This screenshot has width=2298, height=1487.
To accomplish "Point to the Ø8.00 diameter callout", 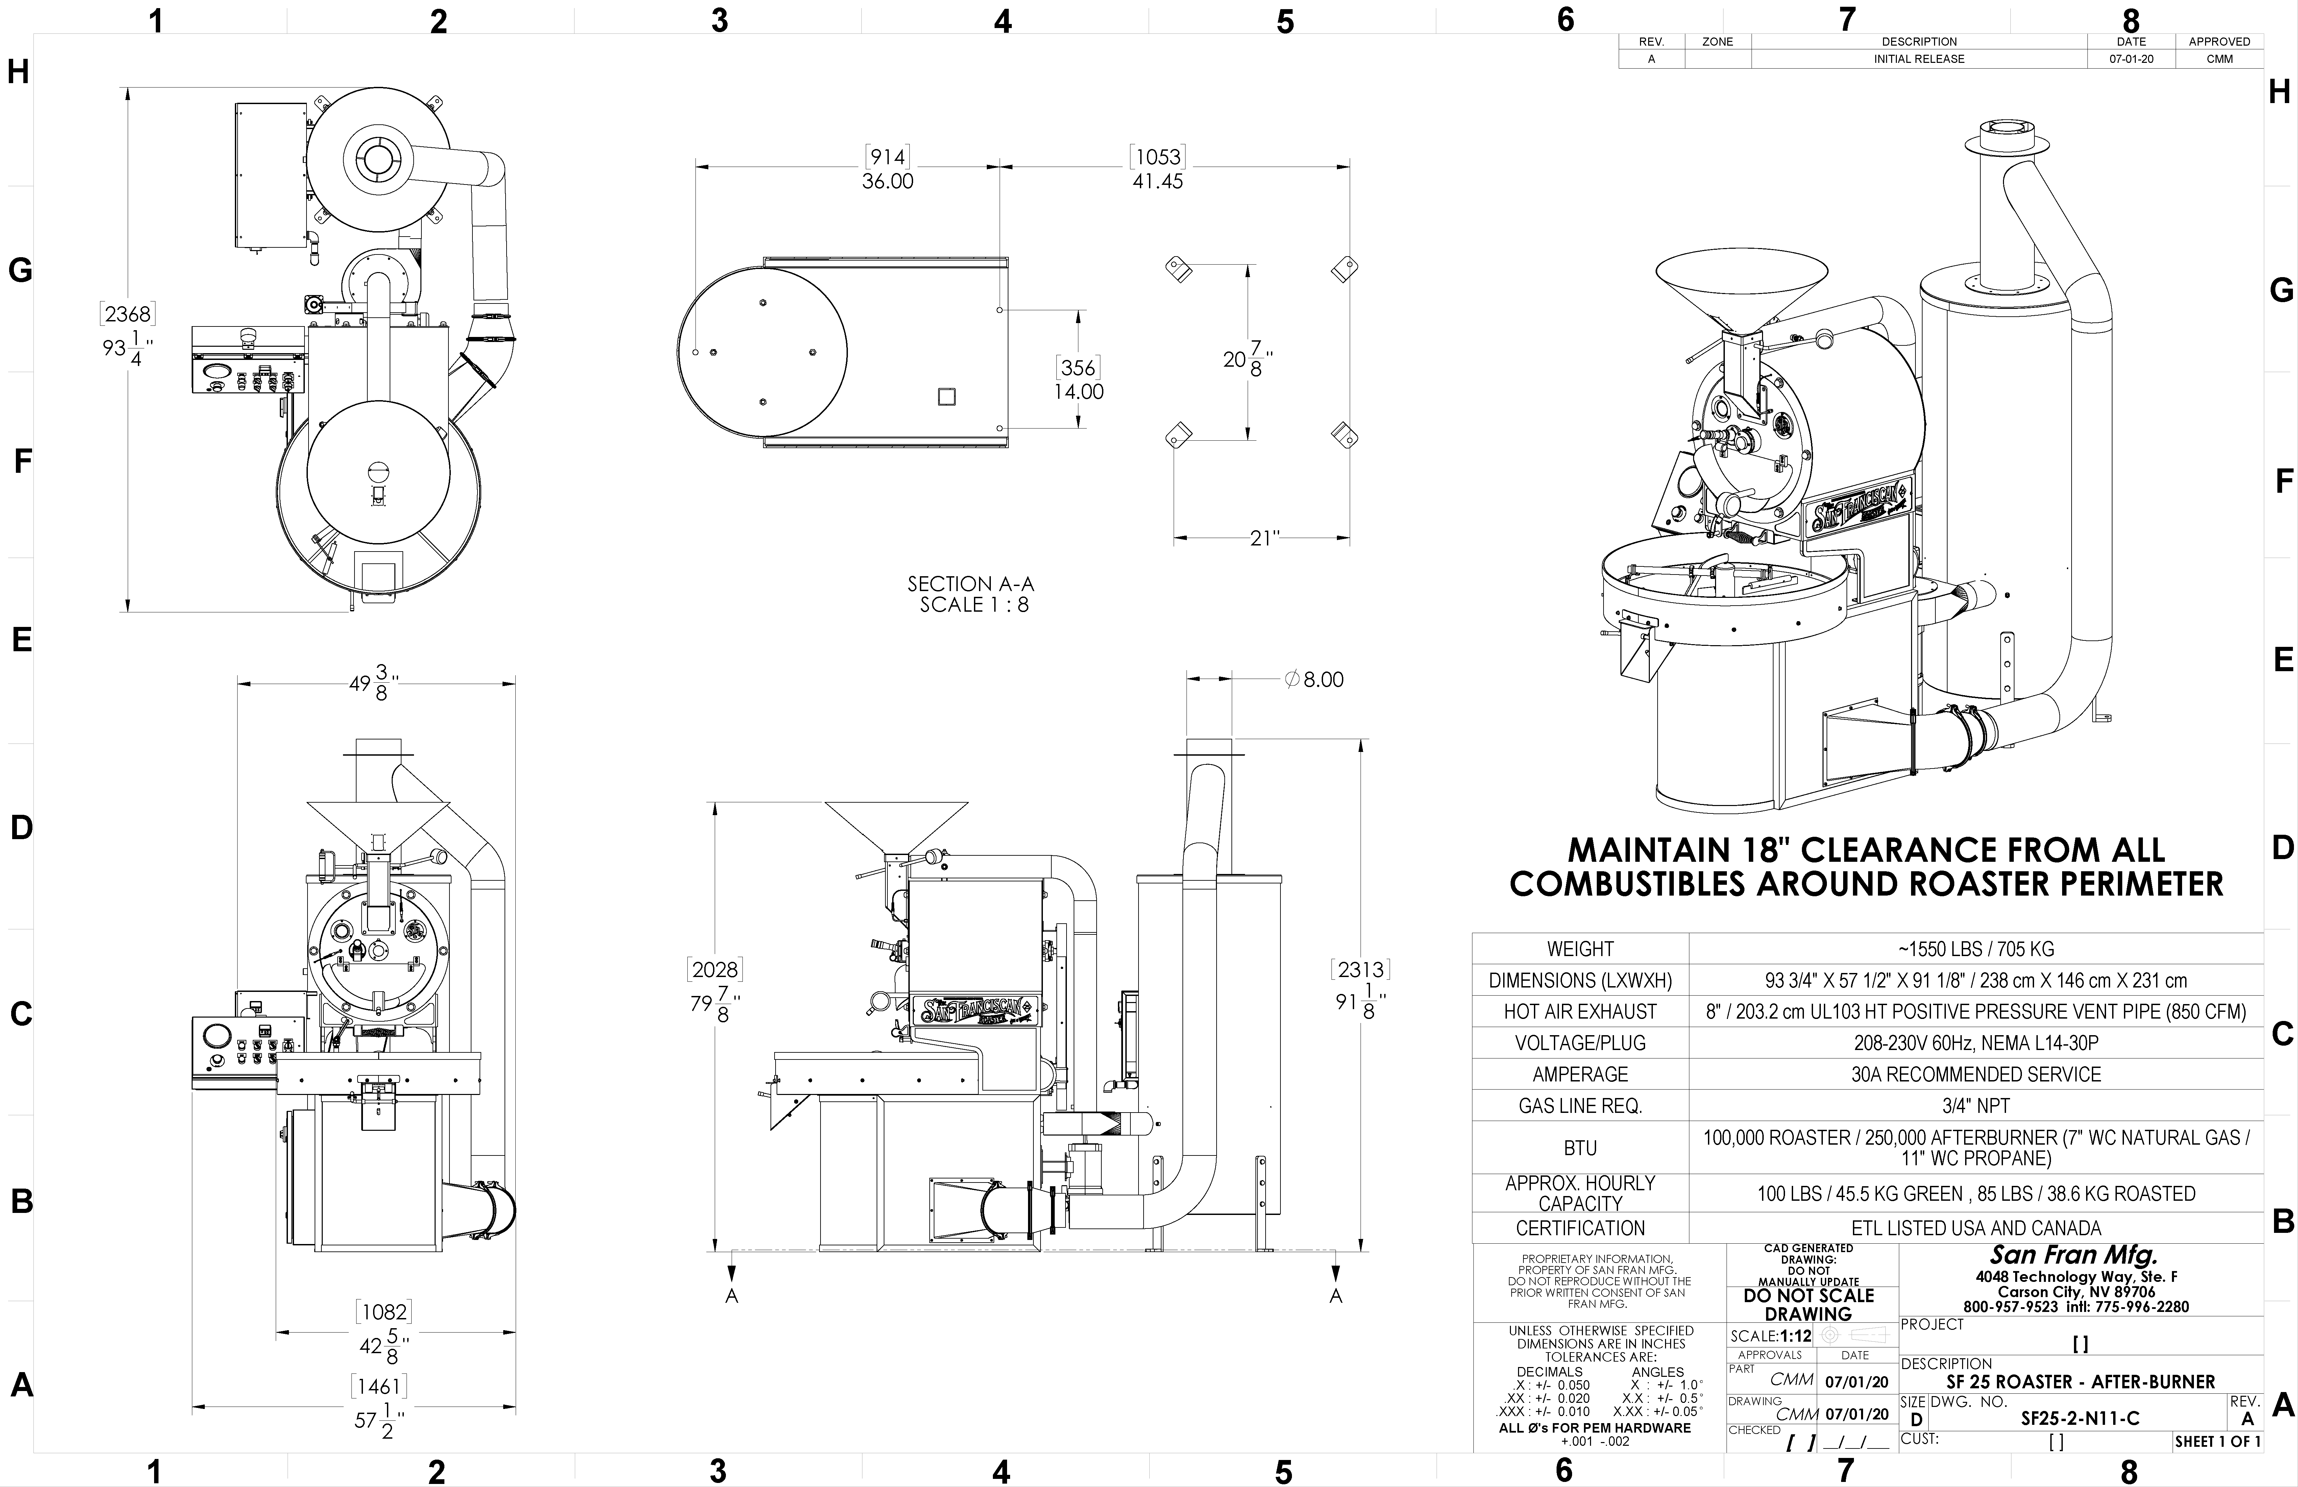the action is click(x=1314, y=680).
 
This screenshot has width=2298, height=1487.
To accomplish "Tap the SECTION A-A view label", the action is click(x=970, y=584).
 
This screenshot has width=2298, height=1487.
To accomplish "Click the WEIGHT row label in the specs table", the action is click(x=1580, y=949).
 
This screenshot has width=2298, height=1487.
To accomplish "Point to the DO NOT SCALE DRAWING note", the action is click(x=1808, y=1305).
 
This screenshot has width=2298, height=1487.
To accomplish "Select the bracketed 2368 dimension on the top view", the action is click(x=127, y=314).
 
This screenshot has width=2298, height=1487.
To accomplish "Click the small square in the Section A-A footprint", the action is click(x=947, y=397).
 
